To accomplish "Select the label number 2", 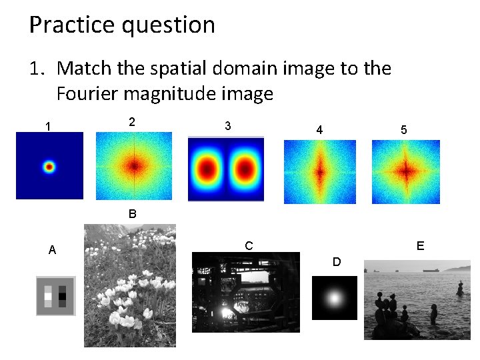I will click(x=132, y=121).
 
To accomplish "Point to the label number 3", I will click(x=228, y=125).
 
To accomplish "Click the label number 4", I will click(x=319, y=130).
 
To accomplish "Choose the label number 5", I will click(x=404, y=130).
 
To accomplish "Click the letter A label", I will click(x=53, y=250).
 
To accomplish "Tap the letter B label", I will click(x=132, y=214).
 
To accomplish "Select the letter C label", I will click(x=249, y=245).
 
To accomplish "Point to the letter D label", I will click(x=337, y=262).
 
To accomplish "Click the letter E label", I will click(x=420, y=245).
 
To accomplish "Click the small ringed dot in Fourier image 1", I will click(x=49, y=167).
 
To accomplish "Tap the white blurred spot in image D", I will click(x=335, y=297).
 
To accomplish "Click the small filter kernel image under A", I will click(x=55, y=295).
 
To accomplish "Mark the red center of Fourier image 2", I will click(x=134, y=165).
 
